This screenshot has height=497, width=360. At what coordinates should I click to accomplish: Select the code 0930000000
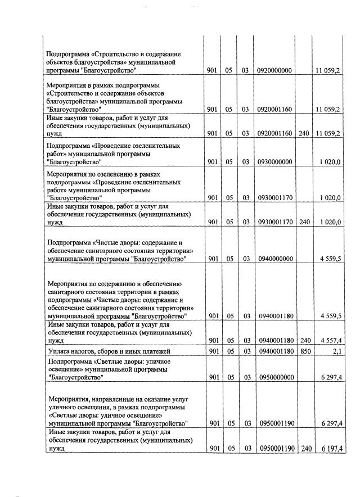click(276, 162)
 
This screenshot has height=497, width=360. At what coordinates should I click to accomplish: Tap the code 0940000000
click(276, 259)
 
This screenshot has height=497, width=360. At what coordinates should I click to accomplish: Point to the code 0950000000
click(276, 377)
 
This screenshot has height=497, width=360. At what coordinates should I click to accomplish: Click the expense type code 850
click(305, 351)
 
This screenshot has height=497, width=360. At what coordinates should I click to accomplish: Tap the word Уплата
click(58, 351)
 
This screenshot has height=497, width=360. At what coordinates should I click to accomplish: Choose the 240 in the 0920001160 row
click(305, 134)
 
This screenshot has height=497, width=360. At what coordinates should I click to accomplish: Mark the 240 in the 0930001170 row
click(305, 222)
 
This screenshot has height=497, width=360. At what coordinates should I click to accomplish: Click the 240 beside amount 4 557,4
click(305, 340)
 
